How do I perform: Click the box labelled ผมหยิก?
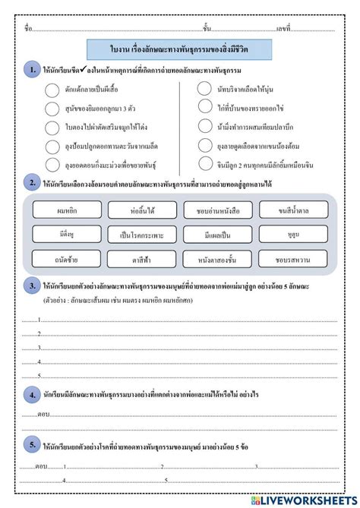point(68,210)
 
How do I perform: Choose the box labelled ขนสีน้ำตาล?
point(293,210)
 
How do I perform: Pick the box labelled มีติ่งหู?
point(68,234)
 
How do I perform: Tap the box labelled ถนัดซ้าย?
point(68,258)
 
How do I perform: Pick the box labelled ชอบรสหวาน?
point(293,258)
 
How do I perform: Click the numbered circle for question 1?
point(32,69)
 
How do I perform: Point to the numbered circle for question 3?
point(32,286)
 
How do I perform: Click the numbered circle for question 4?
point(32,395)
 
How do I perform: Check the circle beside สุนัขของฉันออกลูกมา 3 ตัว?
point(52,109)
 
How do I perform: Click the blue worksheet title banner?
point(179,49)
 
